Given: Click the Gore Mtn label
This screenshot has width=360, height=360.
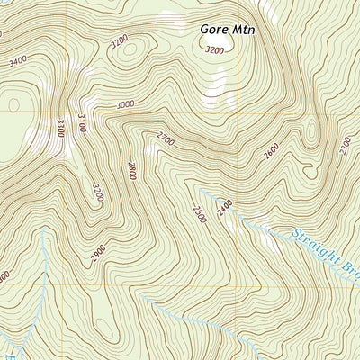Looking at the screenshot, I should [228, 30].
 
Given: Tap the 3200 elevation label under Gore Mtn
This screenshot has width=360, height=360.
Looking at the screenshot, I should [214, 50].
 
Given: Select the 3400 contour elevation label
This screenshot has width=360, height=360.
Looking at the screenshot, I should [16, 63].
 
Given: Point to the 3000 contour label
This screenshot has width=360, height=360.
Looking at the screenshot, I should [125, 104].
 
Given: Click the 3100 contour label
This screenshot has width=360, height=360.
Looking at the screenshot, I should [82, 122].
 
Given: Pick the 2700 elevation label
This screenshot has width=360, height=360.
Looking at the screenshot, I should [165, 138].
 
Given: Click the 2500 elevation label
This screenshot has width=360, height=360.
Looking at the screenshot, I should [198, 215].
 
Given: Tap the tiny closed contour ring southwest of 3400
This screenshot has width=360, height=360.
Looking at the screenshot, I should [13, 104].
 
